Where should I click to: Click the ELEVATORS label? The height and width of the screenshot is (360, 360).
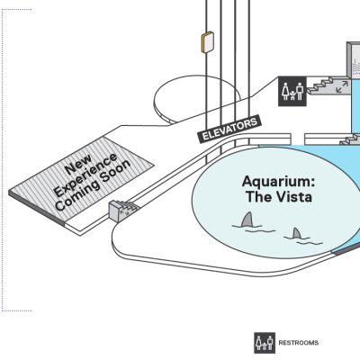coord(229,130)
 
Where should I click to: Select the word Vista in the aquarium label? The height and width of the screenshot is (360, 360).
coord(294,197)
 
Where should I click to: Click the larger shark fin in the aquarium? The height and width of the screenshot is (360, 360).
coord(247,220)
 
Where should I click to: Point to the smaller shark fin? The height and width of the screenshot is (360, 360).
coord(297,233)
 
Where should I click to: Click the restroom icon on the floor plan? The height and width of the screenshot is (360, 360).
coord(292,91)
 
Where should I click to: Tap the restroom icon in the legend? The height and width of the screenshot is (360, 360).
coord(265,343)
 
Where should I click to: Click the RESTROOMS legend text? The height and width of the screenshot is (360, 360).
coord(299,343)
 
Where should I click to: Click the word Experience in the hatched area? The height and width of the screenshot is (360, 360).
coord(85,175)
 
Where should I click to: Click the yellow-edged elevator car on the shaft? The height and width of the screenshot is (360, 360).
coord(207,42)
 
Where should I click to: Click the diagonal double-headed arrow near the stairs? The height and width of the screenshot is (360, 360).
coord(342,86)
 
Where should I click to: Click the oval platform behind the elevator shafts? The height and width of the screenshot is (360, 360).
coord(195,96)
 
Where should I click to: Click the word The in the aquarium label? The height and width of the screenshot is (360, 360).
coord(258,197)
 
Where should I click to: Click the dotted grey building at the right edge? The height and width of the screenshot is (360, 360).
coord(354,59)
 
